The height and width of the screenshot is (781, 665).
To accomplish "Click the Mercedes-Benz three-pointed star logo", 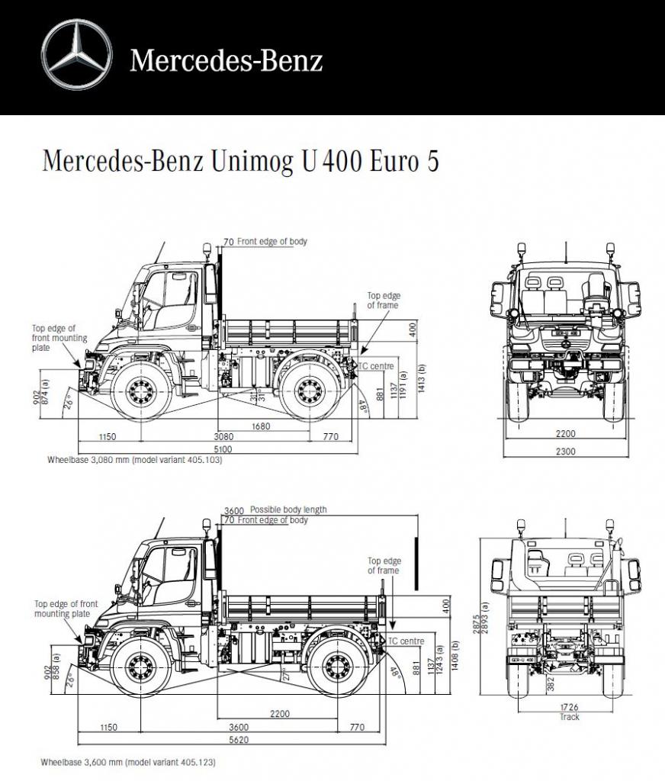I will [77, 54].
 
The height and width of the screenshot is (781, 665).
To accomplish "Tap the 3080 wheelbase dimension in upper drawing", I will [223, 437].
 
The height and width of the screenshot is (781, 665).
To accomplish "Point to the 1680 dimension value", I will [261, 426].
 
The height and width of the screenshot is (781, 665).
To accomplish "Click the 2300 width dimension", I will [565, 451].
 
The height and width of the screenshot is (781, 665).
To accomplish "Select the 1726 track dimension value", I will [569, 708].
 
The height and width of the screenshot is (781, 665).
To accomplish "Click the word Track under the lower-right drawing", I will [569, 717].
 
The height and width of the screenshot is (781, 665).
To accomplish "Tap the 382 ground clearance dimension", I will [551, 683].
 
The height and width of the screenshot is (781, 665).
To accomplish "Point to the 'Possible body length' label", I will [288, 509].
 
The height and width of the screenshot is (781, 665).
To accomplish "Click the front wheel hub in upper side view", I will [139, 391].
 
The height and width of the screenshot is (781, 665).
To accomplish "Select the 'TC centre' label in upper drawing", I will [377, 367].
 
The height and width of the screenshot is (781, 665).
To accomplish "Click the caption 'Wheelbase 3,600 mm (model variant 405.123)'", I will [133, 761].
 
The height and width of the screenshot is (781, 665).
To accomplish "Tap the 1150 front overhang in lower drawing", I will [108, 728].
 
